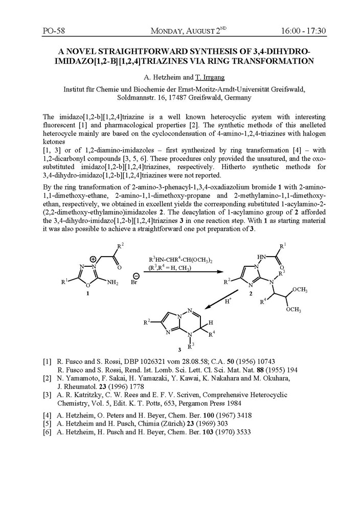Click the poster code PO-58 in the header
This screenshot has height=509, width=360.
[x=54, y=31]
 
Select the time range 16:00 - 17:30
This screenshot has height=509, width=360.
[x=303, y=31]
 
